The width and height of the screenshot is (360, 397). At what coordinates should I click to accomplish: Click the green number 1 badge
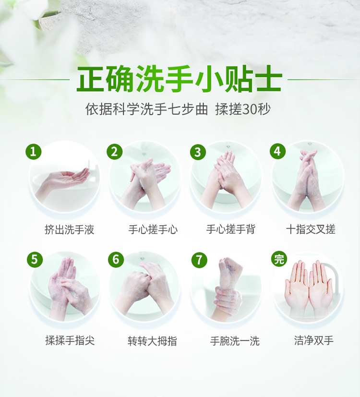tap(33, 152)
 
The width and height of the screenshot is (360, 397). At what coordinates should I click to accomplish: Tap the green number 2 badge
tap(114, 152)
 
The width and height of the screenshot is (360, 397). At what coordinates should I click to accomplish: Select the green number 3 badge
tap(198, 152)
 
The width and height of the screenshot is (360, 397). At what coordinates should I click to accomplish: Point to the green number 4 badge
tap(278, 151)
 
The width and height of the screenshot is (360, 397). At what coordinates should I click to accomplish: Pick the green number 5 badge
tap(35, 260)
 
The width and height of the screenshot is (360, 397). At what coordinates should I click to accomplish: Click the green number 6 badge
tap(116, 260)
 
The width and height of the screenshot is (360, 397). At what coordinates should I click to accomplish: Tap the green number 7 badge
tap(199, 260)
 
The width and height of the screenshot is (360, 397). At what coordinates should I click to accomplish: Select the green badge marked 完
tap(279, 259)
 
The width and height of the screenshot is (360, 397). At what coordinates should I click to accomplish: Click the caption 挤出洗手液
tap(70, 229)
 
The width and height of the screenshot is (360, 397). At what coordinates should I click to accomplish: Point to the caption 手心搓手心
tap(153, 229)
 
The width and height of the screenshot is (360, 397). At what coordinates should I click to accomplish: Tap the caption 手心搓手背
tap(230, 229)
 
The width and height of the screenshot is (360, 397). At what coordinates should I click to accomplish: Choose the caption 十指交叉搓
tap(311, 229)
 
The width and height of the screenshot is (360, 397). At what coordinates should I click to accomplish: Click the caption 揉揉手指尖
tap(70, 340)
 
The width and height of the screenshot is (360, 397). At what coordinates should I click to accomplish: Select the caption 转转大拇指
tap(153, 341)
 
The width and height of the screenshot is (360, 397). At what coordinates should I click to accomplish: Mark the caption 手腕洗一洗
tap(235, 341)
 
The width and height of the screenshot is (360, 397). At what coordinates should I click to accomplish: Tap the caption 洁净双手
tap(314, 340)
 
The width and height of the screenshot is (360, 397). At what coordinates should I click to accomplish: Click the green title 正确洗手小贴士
tap(179, 79)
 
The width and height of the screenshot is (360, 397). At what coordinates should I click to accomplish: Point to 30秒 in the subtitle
tap(256, 109)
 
